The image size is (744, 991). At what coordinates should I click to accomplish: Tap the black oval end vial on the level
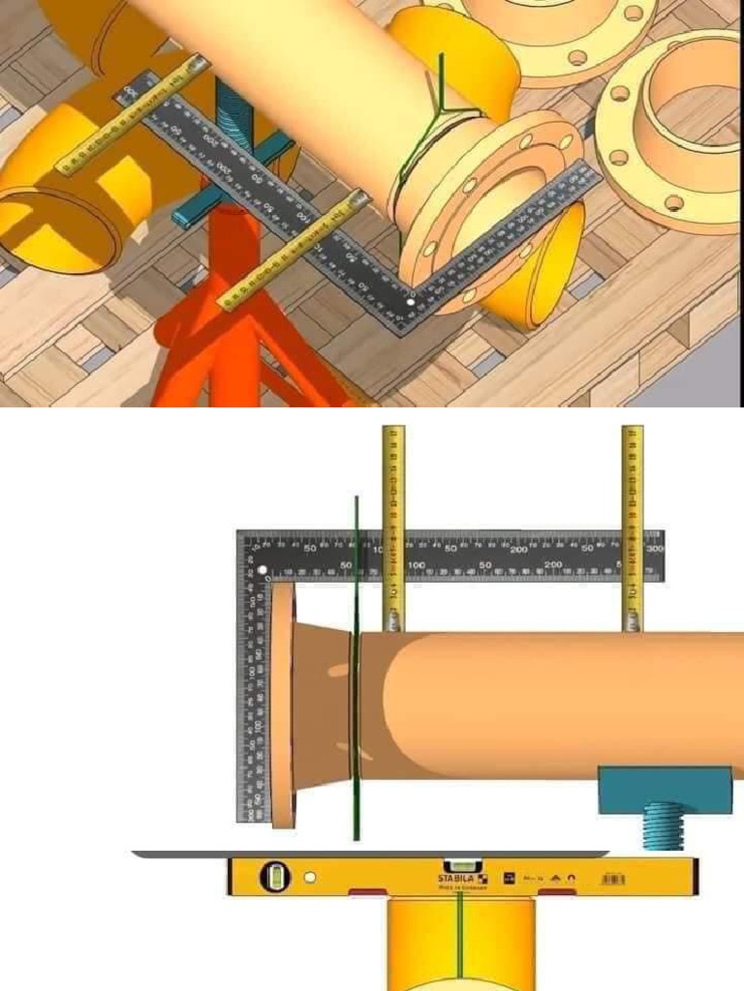[273, 877]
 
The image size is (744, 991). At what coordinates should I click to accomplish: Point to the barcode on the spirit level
[613, 879]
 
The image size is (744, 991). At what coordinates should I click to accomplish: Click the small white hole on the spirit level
[309, 878]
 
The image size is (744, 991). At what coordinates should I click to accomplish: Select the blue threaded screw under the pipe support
[663, 825]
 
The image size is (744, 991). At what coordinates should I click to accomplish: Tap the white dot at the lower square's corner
[262, 571]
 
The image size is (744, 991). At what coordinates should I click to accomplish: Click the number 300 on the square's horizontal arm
[655, 549]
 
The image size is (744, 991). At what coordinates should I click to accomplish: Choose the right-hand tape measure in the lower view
[632, 527]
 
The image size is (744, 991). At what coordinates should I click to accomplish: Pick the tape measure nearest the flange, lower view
[393, 527]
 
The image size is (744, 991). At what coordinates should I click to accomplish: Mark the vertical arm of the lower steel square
[250, 697]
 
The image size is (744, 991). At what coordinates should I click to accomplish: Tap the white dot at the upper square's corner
[411, 303]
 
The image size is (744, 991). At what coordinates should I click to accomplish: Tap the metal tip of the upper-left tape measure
[198, 65]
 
